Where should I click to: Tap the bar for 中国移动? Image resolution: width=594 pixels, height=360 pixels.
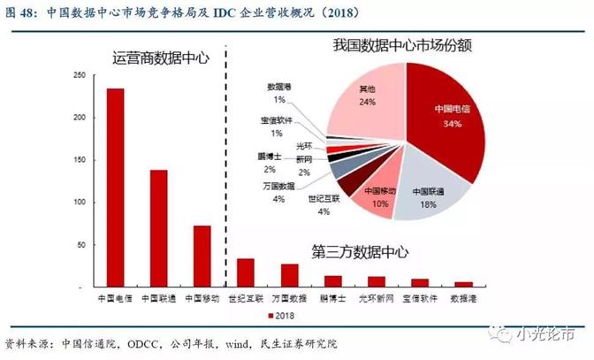click(202, 257)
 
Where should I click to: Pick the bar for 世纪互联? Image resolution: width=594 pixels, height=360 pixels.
click(246, 273)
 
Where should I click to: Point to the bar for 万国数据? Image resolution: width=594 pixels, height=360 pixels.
click(289, 276)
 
